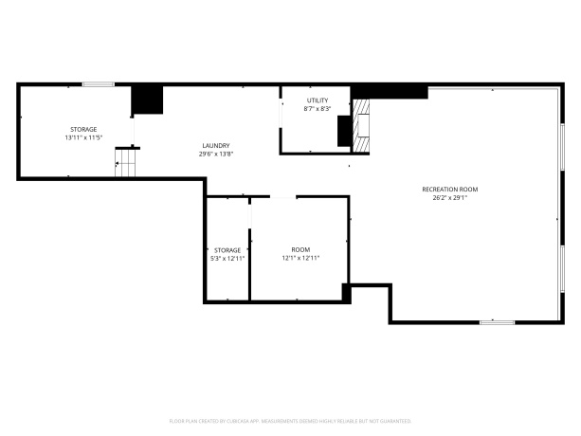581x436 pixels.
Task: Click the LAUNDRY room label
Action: [215, 146]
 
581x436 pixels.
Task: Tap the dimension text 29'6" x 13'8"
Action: [215, 154]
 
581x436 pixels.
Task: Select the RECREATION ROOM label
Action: [449, 190]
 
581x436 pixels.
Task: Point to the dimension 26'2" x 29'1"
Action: [449, 198]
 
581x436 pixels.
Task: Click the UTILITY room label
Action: [317, 100]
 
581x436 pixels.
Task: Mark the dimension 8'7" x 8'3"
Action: [317, 109]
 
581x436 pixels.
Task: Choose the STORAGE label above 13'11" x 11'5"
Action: [83, 129]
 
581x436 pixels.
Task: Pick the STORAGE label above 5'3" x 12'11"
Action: [227, 250]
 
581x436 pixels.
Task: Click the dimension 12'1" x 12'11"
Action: [300, 258]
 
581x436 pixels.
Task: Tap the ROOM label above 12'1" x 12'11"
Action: [300, 250]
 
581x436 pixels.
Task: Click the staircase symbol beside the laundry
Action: [126, 163]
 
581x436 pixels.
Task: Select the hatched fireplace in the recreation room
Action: [361, 127]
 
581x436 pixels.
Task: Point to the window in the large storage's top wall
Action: [98, 84]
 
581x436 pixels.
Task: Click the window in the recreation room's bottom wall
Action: [497, 322]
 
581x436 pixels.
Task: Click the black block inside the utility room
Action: [343, 131]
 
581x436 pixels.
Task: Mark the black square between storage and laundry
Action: [147, 100]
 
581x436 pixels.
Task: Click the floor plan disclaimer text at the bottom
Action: [290, 419]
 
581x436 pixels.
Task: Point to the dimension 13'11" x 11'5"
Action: [83, 137]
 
